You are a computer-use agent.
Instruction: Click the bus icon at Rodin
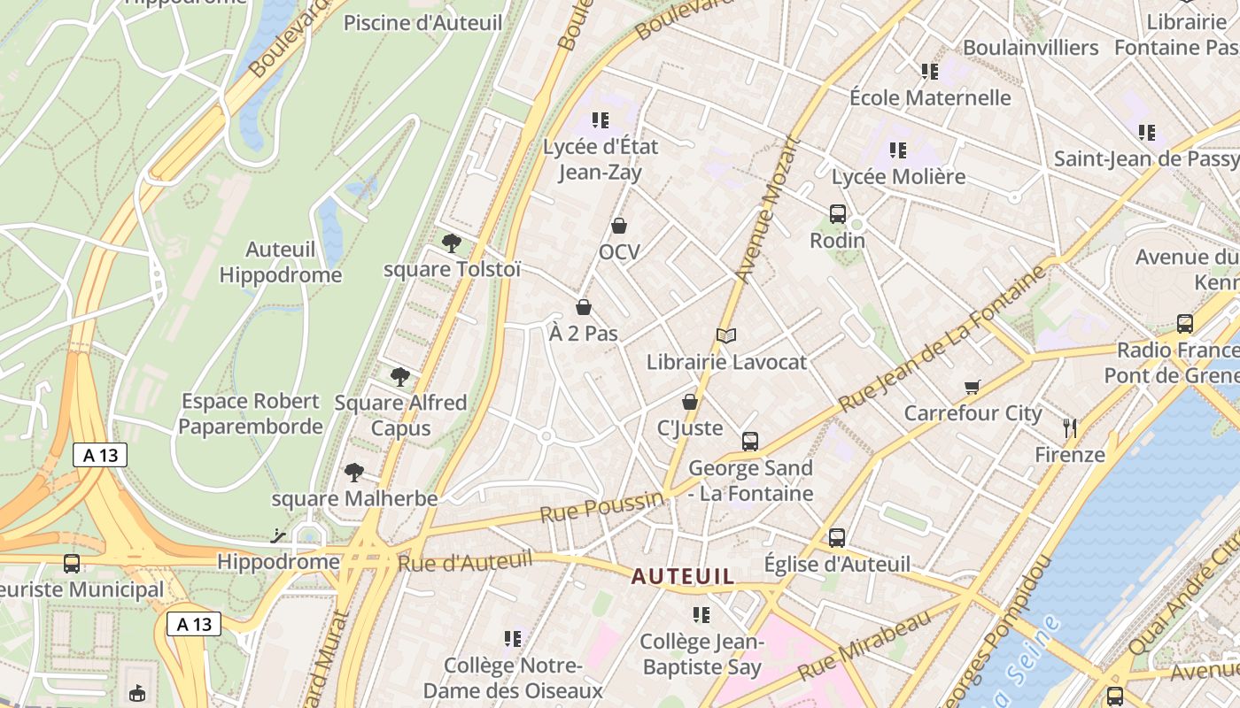tap(837, 213)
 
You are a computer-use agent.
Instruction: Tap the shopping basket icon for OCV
tap(619, 226)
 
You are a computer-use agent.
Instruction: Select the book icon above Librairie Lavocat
tap(726, 335)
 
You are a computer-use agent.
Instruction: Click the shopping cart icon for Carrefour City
tap(973, 387)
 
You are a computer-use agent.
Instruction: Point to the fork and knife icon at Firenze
tap(1070, 428)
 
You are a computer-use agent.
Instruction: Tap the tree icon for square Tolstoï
tap(452, 242)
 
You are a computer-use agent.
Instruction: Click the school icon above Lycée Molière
tap(898, 150)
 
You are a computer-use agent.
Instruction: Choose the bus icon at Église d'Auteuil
tap(837, 537)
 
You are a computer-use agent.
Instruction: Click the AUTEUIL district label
tap(682, 577)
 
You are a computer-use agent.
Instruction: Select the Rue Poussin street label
tap(601, 507)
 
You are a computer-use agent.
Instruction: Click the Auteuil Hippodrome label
tap(281, 262)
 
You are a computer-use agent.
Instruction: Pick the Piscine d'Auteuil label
tap(423, 23)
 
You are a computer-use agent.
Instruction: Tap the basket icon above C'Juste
tap(690, 402)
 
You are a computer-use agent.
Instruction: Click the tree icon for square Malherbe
tap(354, 472)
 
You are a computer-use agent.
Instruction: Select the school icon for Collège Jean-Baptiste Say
tap(701, 614)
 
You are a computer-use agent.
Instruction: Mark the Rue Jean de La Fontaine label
tap(942, 340)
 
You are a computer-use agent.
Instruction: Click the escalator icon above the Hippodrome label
tap(279, 535)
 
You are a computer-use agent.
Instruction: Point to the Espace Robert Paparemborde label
tap(252, 413)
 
